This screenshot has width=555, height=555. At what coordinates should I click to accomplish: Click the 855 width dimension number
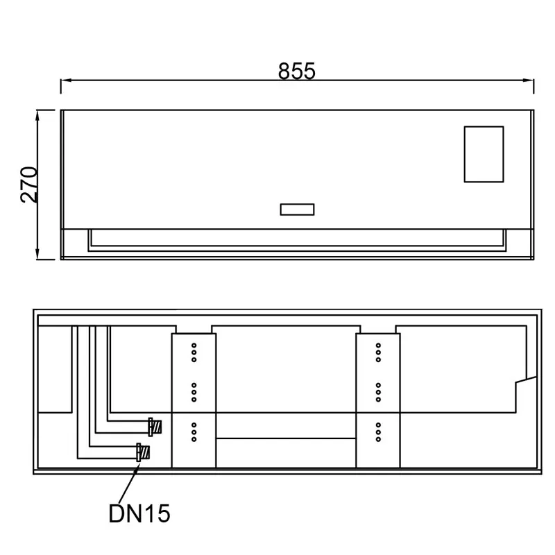click(x=296, y=71)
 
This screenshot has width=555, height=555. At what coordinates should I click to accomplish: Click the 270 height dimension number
click(x=29, y=185)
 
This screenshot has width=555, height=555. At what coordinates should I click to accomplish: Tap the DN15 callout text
click(x=139, y=513)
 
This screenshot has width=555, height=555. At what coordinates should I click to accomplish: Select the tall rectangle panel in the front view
click(x=484, y=154)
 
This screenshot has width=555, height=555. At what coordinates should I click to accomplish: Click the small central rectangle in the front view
click(x=297, y=210)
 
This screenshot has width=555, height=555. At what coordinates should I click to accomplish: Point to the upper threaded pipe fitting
click(x=155, y=427)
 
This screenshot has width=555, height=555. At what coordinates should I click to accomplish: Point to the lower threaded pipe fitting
click(x=144, y=452)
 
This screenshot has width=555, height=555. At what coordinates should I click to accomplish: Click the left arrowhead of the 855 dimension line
click(x=66, y=80)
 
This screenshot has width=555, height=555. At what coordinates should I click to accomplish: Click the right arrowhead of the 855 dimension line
click(x=528, y=80)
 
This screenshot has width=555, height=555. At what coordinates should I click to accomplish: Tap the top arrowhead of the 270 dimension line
click(x=37, y=116)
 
